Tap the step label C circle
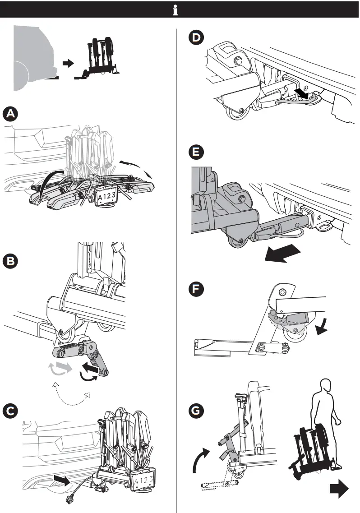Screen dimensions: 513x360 (10, 411)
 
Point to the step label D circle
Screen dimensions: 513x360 (195, 38)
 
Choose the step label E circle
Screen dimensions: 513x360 (195, 153)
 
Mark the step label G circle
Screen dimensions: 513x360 (195, 411)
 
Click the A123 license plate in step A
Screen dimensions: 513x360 (105, 195)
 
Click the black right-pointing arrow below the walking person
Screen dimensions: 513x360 (338, 490)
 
